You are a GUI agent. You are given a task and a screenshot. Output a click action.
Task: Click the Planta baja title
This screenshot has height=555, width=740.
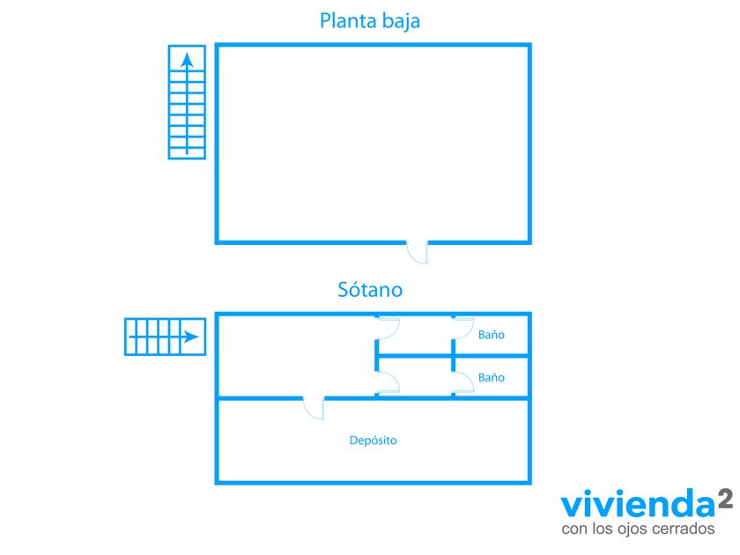(369, 21)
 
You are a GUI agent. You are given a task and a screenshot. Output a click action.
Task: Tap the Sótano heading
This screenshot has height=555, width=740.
(370, 289)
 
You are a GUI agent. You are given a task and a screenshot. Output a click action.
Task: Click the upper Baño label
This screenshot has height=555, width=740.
(492, 335)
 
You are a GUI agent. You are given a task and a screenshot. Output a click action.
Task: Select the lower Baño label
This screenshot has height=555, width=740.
(492, 377)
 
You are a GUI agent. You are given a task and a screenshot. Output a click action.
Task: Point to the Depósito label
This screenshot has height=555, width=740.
(373, 440)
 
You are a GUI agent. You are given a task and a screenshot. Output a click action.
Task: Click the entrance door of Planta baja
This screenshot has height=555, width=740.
(418, 252)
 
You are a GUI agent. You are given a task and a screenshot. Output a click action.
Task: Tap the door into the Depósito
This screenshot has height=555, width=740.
(314, 408)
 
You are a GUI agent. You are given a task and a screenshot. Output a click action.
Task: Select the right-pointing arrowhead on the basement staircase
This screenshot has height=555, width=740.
(191, 337)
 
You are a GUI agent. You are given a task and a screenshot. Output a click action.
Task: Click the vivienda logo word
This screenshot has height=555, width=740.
(638, 504)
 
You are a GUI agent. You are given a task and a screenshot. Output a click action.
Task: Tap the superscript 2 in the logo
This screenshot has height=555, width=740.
(725, 499)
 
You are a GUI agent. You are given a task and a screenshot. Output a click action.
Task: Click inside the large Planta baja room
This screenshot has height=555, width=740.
(373, 144)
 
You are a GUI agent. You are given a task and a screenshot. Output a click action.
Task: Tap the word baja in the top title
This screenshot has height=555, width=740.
(400, 21)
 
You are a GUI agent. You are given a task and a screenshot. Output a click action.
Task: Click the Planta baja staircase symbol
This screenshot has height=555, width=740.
(187, 102)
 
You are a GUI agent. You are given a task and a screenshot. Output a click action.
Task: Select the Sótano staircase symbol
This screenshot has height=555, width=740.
(166, 337)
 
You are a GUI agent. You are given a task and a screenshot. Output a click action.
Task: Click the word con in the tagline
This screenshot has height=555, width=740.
(573, 529)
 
